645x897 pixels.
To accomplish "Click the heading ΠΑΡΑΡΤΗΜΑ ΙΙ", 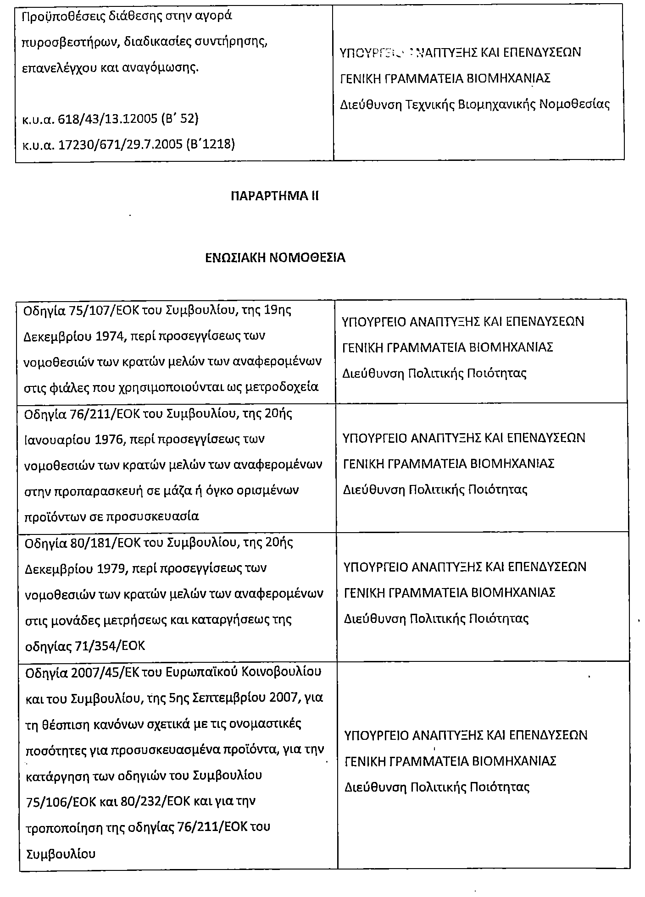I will point(274,196).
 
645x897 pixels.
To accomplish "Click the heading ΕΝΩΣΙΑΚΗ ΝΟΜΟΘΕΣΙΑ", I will point(275,258).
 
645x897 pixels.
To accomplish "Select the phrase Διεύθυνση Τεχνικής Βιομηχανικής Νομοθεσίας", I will point(475,105).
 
